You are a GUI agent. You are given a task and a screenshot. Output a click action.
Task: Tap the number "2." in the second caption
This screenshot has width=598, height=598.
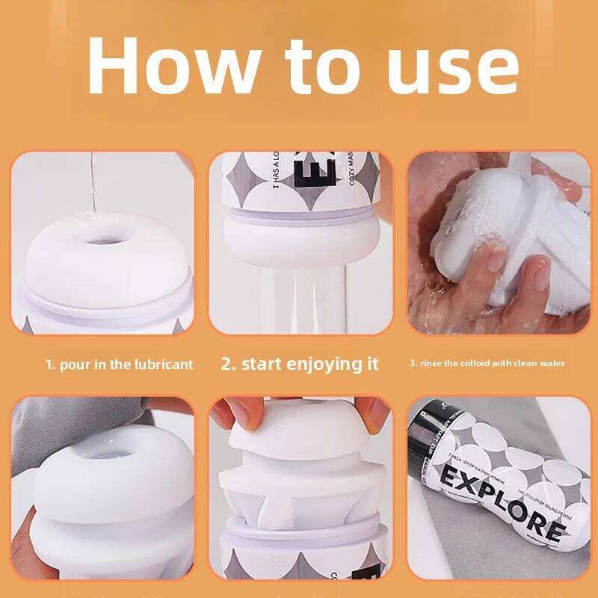[x=229, y=364]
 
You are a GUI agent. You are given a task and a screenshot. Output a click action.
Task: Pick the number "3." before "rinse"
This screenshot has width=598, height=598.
[x=413, y=364]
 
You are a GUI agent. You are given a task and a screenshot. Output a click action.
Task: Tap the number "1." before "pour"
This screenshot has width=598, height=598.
[x=51, y=365]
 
